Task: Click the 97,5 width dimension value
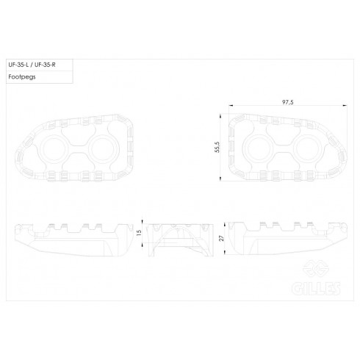tap(288, 102)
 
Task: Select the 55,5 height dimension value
tap(217, 147)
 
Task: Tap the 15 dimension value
tap(139, 232)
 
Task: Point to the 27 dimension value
tap(221, 238)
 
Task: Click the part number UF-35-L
tap(18, 65)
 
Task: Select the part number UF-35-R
tap(45, 65)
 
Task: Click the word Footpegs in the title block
tap(22, 77)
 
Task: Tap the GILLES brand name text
tap(316, 289)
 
